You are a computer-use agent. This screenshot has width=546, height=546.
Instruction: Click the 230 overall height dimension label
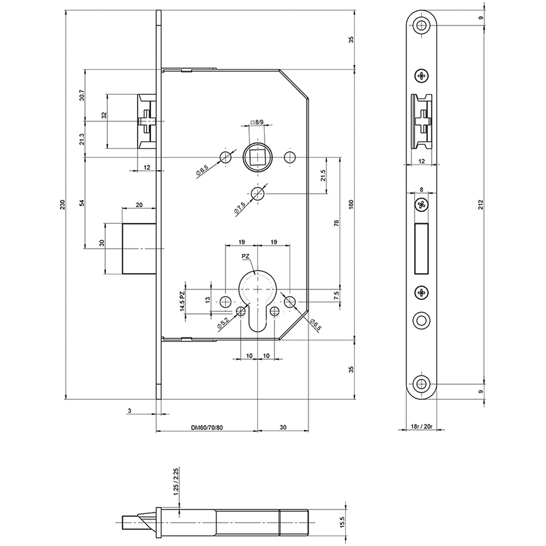(x=63, y=204)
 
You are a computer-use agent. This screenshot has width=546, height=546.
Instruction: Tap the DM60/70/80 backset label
(x=207, y=427)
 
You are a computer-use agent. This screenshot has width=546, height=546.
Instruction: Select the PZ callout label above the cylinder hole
(x=246, y=257)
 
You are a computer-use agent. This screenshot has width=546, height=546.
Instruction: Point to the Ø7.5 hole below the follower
(x=257, y=193)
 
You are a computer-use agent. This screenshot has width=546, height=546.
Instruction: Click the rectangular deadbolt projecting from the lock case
(x=139, y=248)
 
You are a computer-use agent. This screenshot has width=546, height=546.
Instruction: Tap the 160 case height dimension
(x=351, y=204)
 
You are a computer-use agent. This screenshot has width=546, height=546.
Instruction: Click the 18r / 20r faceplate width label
(x=421, y=426)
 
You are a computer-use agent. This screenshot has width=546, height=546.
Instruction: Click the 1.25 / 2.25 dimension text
(x=176, y=482)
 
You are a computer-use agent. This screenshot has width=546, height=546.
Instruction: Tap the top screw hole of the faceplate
(x=422, y=25)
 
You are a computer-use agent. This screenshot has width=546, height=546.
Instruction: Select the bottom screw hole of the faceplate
(x=422, y=384)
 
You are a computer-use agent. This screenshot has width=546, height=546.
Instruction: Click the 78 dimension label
(x=336, y=224)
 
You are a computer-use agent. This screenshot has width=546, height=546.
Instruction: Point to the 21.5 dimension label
(x=323, y=175)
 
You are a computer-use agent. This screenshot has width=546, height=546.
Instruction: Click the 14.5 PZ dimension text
(x=182, y=302)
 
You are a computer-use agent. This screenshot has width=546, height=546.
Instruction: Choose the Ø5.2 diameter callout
(x=222, y=324)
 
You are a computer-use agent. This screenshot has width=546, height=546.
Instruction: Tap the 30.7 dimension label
(x=81, y=95)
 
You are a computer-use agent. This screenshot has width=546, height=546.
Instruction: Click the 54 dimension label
(x=82, y=203)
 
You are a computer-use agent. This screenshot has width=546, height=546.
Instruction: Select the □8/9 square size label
(x=257, y=122)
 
